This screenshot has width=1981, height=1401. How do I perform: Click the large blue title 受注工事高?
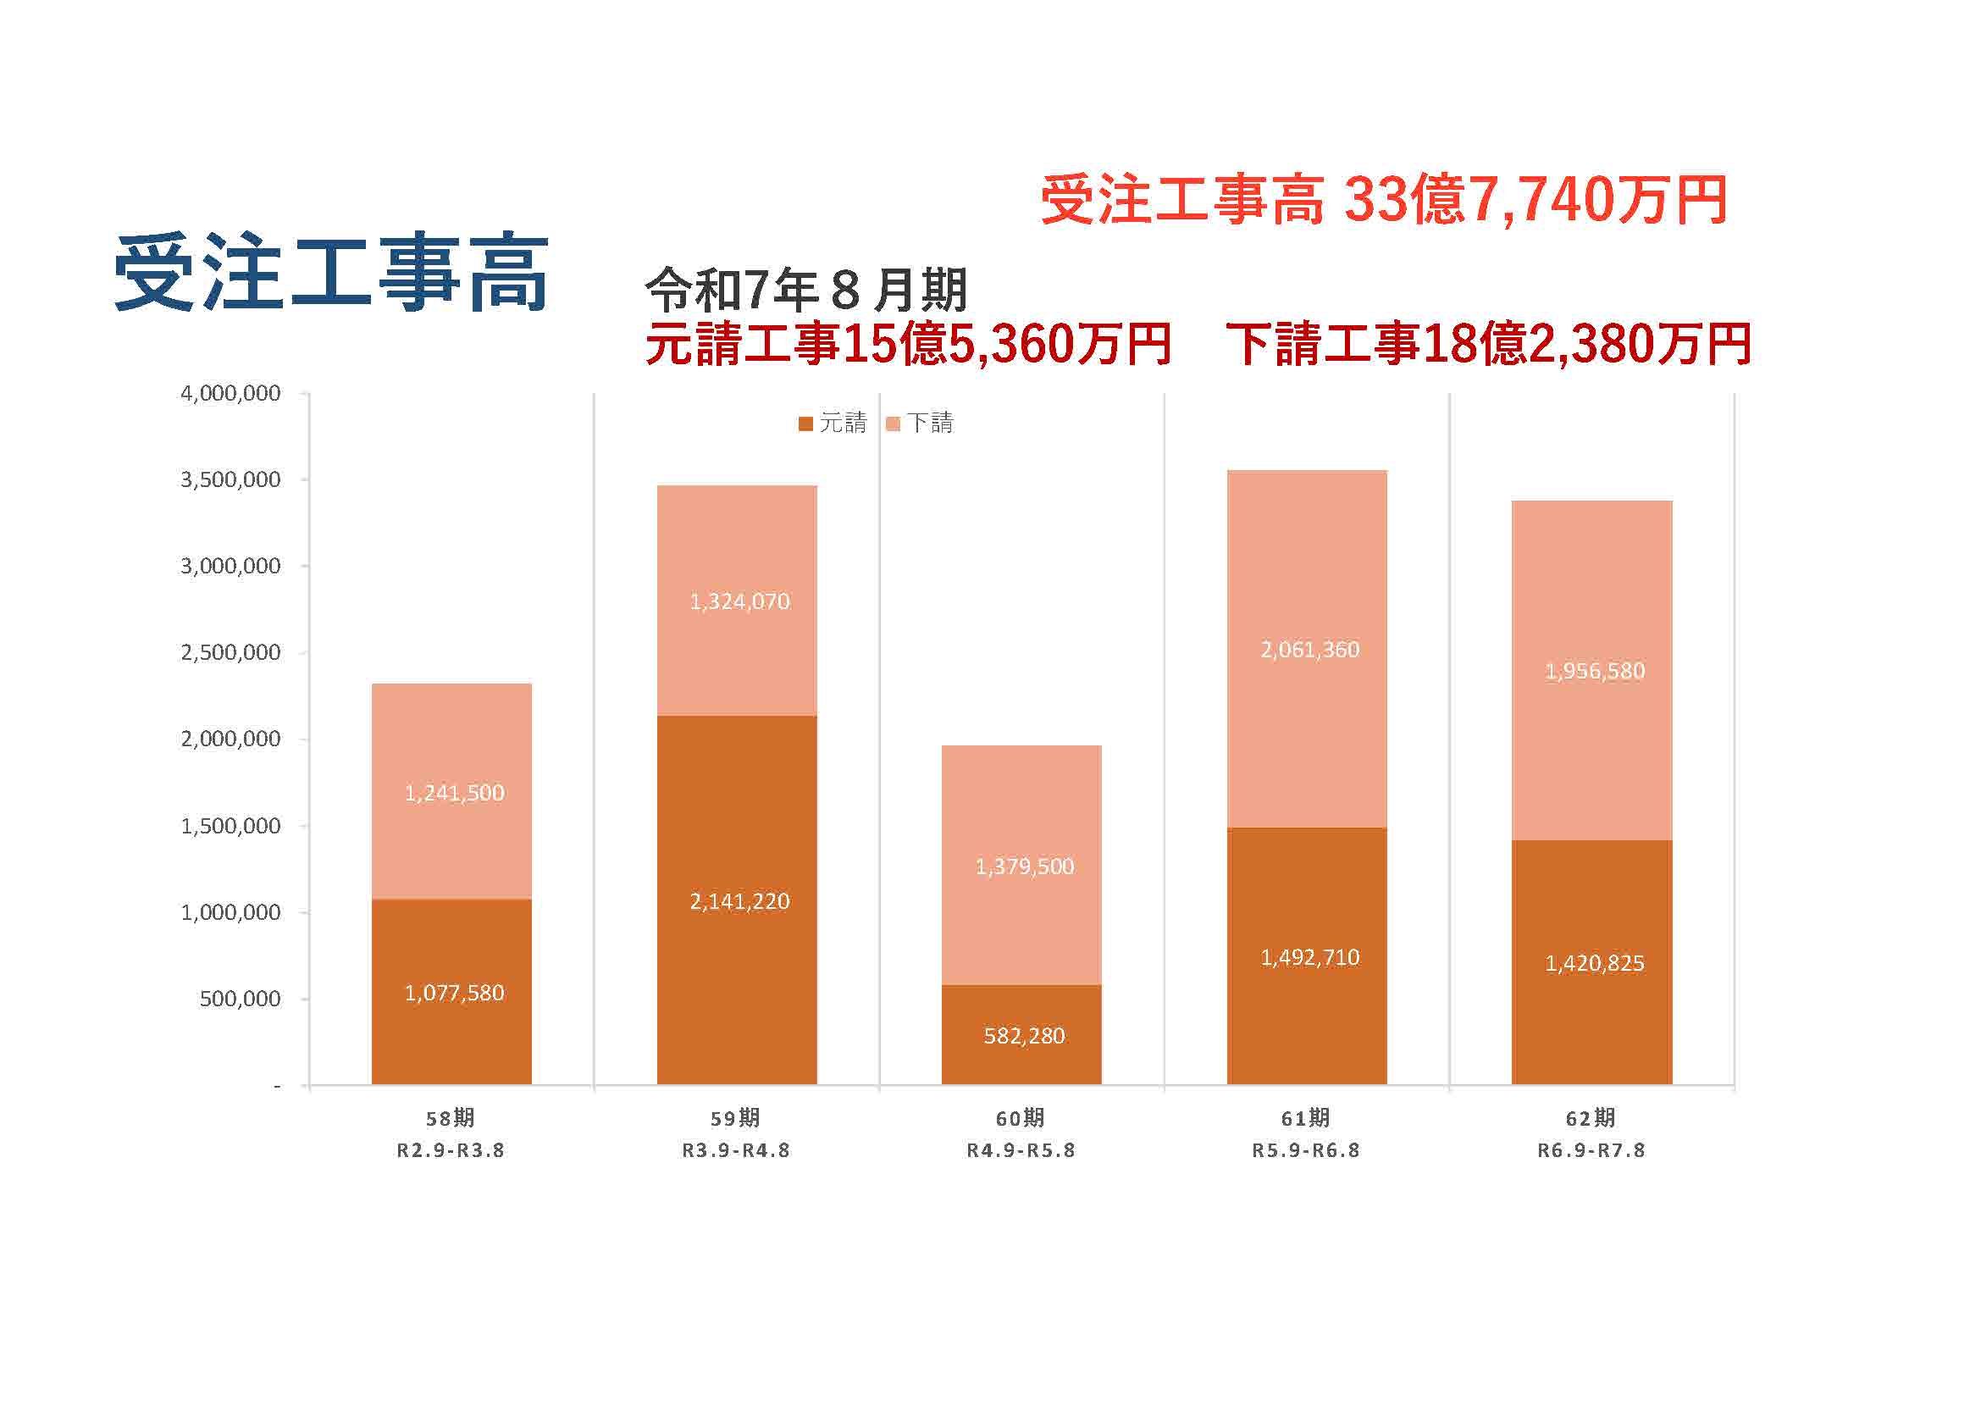(x=330, y=273)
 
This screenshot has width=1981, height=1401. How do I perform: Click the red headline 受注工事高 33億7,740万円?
(x=1383, y=200)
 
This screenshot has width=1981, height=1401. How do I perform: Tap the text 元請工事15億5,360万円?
(x=908, y=343)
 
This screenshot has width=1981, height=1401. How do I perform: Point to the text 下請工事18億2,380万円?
(x=1488, y=343)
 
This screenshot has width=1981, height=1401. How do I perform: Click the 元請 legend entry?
(x=833, y=423)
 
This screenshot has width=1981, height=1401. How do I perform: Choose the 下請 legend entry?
(x=921, y=423)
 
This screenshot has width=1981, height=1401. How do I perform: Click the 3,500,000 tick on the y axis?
(x=230, y=479)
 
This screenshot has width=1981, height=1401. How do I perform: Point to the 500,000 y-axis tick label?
(x=240, y=999)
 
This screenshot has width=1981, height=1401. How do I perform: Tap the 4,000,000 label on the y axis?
(x=230, y=393)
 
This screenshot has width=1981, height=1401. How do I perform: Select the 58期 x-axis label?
(x=451, y=1118)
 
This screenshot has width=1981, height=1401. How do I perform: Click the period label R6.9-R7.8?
(x=1591, y=1150)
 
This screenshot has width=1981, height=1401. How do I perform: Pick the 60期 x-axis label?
(x=1021, y=1118)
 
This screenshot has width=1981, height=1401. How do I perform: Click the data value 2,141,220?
(x=739, y=901)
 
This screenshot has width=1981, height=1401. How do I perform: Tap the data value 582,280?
(x=1024, y=1035)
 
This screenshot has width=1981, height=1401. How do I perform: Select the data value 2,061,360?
(x=1309, y=650)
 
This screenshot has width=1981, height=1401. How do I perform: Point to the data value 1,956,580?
(x=1595, y=671)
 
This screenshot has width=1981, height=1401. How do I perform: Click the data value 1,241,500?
(x=455, y=793)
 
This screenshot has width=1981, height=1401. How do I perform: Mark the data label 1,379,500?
(x=1024, y=867)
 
